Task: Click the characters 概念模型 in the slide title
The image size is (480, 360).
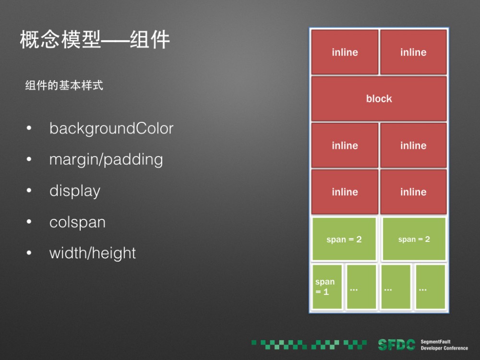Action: (x=60, y=40)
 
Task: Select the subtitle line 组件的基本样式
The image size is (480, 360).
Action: (x=64, y=86)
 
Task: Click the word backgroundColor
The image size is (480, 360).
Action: (x=111, y=129)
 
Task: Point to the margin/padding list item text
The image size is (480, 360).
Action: (x=106, y=160)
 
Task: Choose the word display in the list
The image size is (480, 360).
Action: (x=75, y=191)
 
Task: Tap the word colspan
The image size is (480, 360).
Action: (x=77, y=222)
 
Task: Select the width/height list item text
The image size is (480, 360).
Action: (x=93, y=253)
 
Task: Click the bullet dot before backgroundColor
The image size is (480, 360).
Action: (x=29, y=129)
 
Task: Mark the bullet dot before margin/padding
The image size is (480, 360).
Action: (x=29, y=160)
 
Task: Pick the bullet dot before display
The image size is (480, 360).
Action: (x=29, y=191)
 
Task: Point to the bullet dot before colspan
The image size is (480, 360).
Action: (x=29, y=222)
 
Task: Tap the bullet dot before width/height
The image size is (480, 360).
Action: (x=29, y=253)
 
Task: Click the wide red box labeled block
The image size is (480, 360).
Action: (x=379, y=98)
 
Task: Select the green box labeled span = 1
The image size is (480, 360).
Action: (x=327, y=287)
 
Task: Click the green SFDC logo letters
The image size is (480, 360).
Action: (x=396, y=344)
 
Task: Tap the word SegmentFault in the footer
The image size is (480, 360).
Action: (x=435, y=342)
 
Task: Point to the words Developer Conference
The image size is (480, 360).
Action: (x=444, y=348)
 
